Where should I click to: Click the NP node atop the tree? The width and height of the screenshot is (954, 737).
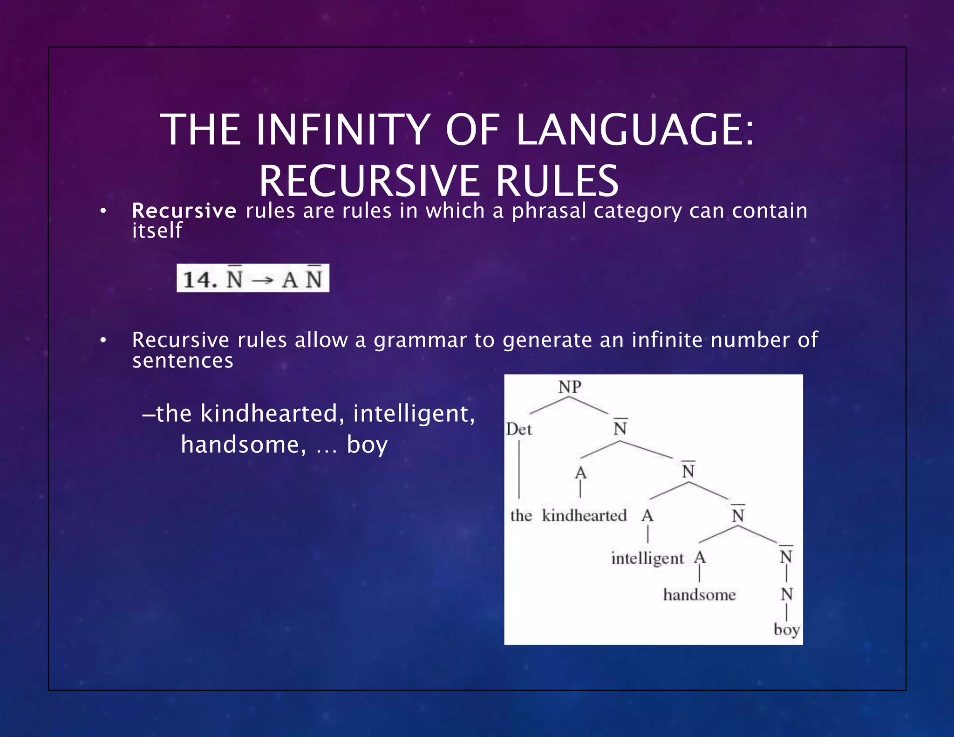click(570, 387)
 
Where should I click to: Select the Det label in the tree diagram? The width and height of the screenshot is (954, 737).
click(518, 429)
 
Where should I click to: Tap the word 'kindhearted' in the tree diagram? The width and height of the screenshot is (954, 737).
click(584, 516)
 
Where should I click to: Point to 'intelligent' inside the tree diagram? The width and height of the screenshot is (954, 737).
click(647, 558)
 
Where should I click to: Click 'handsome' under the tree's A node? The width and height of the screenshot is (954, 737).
click(699, 595)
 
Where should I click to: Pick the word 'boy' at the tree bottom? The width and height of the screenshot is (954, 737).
click(786, 629)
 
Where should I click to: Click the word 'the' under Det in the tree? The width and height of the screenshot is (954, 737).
click(521, 516)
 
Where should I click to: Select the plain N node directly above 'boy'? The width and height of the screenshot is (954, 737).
click(787, 594)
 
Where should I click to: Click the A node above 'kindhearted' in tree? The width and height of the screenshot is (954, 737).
click(580, 473)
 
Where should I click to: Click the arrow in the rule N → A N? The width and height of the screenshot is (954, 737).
click(262, 280)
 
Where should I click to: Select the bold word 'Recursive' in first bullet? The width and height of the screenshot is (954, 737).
click(184, 211)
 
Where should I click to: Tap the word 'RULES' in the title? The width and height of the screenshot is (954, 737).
click(557, 181)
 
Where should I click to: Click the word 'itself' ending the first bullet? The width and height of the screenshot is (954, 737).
click(157, 231)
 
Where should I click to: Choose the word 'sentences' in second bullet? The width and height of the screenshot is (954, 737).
click(183, 361)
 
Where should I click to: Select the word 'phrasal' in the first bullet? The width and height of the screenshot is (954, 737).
click(549, 211)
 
